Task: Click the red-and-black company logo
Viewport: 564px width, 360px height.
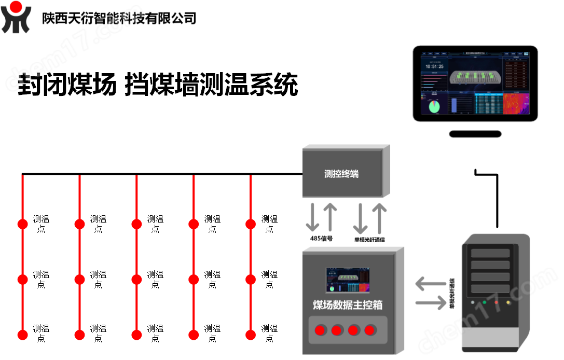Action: [x=17, y=17]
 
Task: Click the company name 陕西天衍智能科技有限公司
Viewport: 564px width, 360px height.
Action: [x=119, y=18]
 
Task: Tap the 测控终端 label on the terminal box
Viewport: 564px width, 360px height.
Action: [x=341, y=174]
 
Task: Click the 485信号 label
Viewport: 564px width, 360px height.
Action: [x=321, y=239]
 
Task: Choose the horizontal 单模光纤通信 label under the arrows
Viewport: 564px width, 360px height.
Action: [x=369, y=240]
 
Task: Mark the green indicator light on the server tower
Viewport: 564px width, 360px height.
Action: [x=484, y=302]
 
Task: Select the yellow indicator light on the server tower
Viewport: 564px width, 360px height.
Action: [x=508, y=302]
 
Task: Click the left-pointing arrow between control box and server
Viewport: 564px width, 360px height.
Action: [x=430, y=284]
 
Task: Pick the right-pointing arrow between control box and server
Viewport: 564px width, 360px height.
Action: [x=430, y=302]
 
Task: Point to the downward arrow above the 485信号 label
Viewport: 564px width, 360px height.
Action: [x=312, y=217]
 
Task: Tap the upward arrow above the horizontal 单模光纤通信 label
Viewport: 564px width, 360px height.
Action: [x=380, y=217]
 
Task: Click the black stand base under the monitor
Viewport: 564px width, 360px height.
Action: [x=475, y=134]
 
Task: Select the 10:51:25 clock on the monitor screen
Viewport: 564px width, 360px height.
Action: [x=434, y=66]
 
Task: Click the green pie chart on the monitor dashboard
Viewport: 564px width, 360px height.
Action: [x=434, y=106]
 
